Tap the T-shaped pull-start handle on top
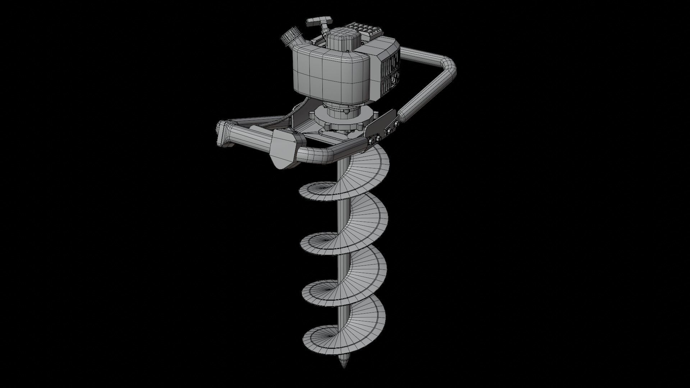316,22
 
